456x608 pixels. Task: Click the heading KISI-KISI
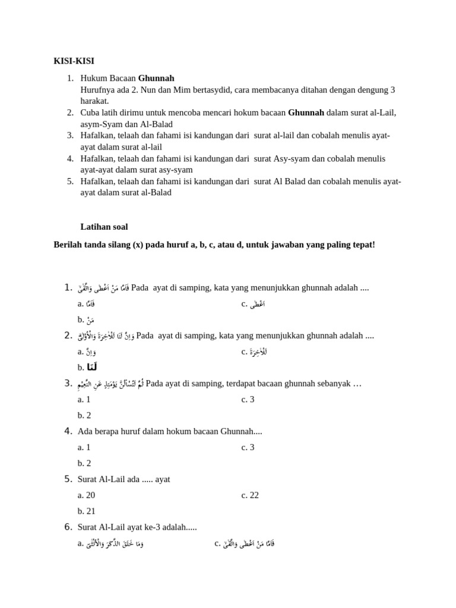(74, 61)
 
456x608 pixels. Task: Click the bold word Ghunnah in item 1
(156, 78)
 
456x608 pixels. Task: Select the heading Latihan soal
(104, 227)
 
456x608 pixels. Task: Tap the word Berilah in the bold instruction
(68, 245)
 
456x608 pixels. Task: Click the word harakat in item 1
(94, 101)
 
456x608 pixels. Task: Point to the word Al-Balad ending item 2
(157, 124)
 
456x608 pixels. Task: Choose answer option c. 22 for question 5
(250, 495)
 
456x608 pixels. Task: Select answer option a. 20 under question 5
(86, 495)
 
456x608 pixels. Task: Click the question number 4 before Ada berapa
(68, 431)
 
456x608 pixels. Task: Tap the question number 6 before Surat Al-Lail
(68, 527)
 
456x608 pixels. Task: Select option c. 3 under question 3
(248, 400)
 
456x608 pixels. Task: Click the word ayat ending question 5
(162, 479)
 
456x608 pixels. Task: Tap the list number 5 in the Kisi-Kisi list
(70, 181)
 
